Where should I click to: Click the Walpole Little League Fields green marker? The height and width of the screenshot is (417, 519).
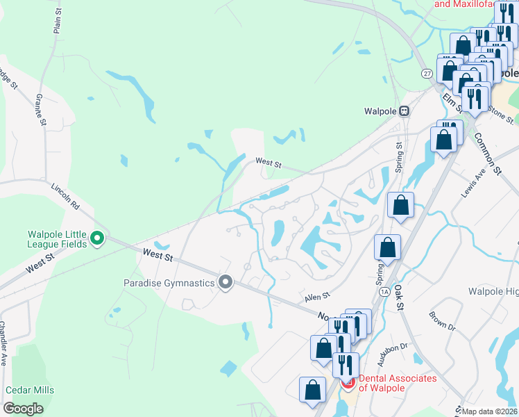97,239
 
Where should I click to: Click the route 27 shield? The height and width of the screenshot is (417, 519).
427,73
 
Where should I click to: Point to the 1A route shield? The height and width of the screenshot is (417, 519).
384,292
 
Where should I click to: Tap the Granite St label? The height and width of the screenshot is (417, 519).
41,111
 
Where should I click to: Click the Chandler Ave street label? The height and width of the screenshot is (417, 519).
3,343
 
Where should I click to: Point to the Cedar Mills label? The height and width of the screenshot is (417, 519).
30,391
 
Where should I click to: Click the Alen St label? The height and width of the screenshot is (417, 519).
316,297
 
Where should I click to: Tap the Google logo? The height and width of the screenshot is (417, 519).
24,409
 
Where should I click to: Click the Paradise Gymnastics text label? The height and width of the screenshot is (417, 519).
169,283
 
